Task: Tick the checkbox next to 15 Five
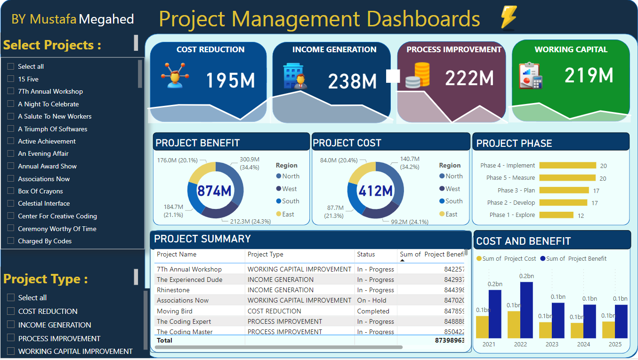click(10, 79)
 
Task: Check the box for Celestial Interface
click(10, 203)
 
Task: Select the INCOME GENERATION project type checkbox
click(10, 325)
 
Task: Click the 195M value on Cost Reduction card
click(230, 80)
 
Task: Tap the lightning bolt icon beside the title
click(509, 17)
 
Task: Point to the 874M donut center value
click(214, 191)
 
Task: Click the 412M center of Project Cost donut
click(376, 191)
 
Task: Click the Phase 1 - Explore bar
click(556, 215)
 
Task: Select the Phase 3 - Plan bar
click(564, 190)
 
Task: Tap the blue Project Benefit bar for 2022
click(526, 310)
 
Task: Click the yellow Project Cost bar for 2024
click(577, 330)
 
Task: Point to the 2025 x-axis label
click(615, 344)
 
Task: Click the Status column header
click(366, 254)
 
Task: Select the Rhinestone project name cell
click(173, 290)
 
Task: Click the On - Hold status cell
click(371, 300)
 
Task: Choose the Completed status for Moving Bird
click(373, 311)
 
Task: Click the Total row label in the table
click(164, 340)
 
